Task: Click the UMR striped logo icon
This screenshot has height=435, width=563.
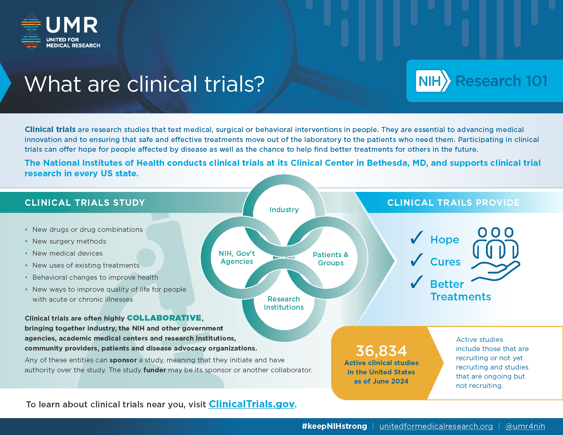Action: tap(31, 31)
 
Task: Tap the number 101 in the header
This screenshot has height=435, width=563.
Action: tap(536, 81)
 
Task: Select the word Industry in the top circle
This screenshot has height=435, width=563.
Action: tap(284, 210)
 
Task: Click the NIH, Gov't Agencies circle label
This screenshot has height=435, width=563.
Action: tap(237, 257)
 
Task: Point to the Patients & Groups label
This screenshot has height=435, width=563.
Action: tap(331, 258)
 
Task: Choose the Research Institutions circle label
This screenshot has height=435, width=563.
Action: tap(284, 303)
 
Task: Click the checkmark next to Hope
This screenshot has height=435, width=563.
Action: tap(416, 237)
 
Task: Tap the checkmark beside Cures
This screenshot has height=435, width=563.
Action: tap(416, 259)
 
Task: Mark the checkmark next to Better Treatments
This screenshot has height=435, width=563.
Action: tap(416, 282)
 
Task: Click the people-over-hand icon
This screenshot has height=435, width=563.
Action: tap(496, 254)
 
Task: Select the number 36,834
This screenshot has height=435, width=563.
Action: tap(381, 351)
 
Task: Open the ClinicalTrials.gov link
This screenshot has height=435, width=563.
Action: tap(252, 404)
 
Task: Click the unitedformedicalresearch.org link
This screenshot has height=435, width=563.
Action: tap(436, 426)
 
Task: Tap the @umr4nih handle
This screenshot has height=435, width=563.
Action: tap(525, 426)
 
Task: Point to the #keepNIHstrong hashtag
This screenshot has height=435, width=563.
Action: tap(334, 426)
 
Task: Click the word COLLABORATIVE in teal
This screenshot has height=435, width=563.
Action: tap(164, 318)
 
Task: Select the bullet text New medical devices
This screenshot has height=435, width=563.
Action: tap(68, 253)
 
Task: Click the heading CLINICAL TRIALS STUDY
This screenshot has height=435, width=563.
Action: tap(85, 203)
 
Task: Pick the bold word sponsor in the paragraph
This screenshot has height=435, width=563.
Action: tap(123, 360)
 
